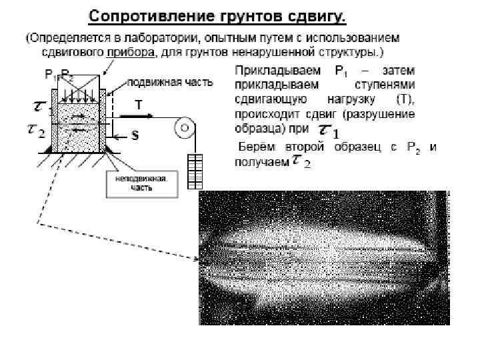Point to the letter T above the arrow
coord(138,104)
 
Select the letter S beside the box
coord(134,136)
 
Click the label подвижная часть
coord(170,83)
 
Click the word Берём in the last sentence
coord(253,147)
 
